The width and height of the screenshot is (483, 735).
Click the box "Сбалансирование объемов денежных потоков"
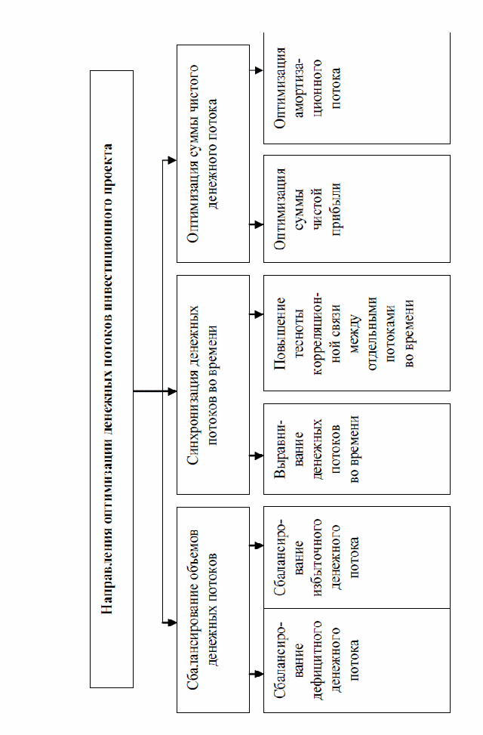pyautogui.click(x=213, y=610)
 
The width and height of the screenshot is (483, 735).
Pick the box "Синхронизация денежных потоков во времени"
pyautogui.click(x=213, y=384)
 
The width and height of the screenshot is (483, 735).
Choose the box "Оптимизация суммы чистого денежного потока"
pyautogui.click(x=213, y=154)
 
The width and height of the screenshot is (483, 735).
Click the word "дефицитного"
pyautogui.click(x=317, y=660)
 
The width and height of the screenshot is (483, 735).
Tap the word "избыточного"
pyautogui.click(x=317, y=557)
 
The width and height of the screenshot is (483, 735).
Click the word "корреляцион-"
pyautogui.click(x=317, y=333)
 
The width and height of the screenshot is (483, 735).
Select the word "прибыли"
pyautogui.click(x=336, y=209)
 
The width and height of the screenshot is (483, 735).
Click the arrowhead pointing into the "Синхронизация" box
pyautogui.click(x=172, y=391)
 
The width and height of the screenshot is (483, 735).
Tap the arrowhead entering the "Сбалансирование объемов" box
pyautogui.click(x=172, y=622)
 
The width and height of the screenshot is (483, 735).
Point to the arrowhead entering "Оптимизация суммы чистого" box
pyautogui.click(x=172, y=160)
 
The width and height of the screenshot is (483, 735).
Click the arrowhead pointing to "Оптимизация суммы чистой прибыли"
pyautogui.click(x=259, y=224)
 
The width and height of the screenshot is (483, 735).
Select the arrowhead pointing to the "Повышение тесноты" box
pyautogui.click(x=259, y=314)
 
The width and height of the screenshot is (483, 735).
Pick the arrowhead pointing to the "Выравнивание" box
pyautogui.click(x=259, y=456)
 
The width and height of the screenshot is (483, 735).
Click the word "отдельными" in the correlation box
pyautogui.click(x=373, y=333)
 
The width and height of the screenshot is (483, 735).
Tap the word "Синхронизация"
pyautogui.click(x=193, y=421)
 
